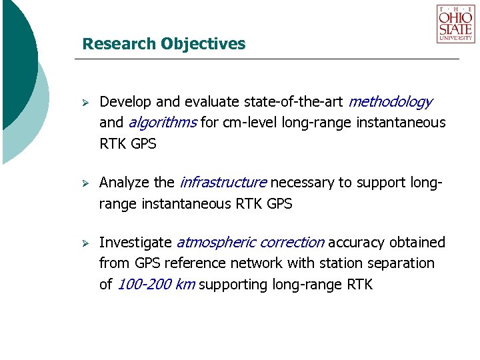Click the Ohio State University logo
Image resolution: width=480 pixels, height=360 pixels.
[x=456, y=24]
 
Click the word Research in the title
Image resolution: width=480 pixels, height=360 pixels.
[x=119, y=44]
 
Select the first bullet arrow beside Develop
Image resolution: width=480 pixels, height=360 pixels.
[x=85, y=103]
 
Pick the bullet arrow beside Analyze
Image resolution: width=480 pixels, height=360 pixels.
[x=85, y=183]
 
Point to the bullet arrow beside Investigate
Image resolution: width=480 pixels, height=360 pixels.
[x=85, y=243]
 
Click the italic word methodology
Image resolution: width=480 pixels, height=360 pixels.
[x=390, y=102]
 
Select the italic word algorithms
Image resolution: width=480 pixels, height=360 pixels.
[x=162, y=122]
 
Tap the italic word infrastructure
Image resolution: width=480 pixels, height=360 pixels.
[x=223, y=183]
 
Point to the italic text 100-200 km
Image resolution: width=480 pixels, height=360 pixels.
[x=156, y=285]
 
